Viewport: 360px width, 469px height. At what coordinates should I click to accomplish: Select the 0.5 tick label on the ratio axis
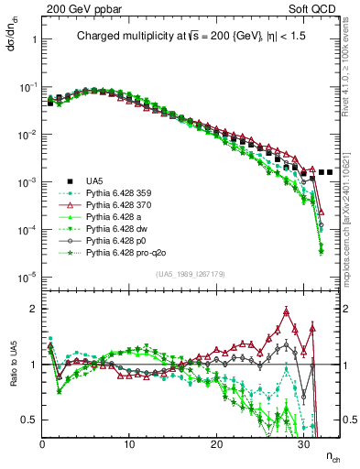28,420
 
